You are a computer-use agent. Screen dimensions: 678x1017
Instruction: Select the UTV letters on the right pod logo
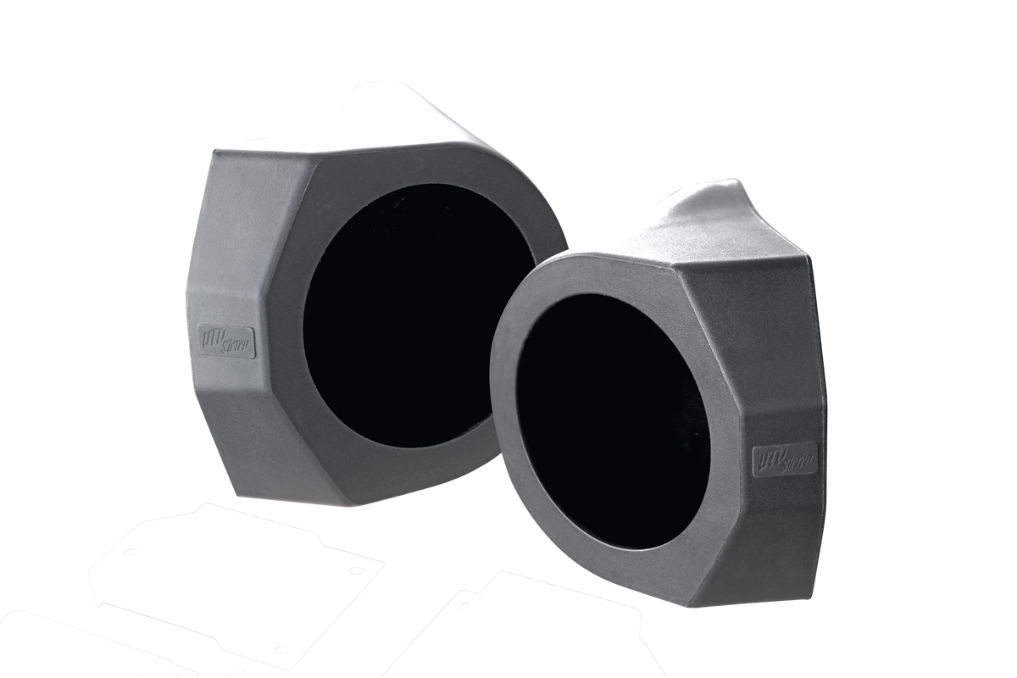coord(767,456)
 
